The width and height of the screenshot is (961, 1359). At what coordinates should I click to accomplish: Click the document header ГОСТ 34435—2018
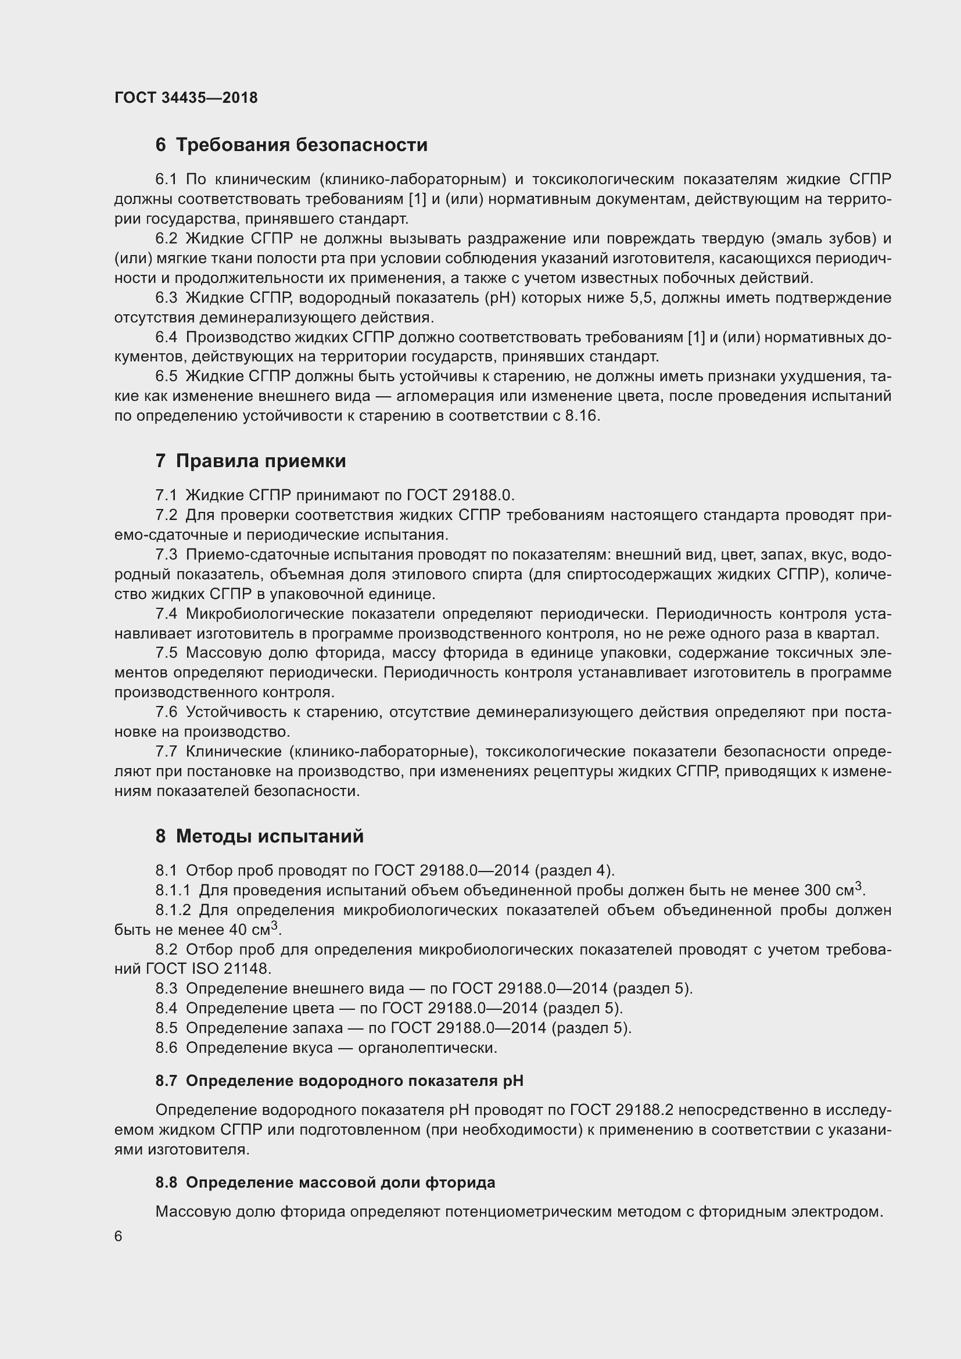click(x=186, y=98)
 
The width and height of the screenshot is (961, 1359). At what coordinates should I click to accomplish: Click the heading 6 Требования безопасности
click(x=291, y=145)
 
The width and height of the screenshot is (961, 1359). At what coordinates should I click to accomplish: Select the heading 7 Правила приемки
click(x=250, y=461)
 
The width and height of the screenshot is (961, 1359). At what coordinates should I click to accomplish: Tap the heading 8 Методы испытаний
click(x=259, y=836)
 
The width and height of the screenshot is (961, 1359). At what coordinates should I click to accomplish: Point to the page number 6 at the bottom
click(x=119, y=1236)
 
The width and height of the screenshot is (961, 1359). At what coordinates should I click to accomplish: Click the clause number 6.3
click(x=166, y=297)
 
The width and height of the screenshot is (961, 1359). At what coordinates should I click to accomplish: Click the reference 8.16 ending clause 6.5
click(x=582, y=416)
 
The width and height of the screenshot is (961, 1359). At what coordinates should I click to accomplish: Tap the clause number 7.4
click(x=166, y=614)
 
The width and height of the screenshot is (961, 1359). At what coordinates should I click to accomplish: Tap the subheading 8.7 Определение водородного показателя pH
click(x=339, y=1081)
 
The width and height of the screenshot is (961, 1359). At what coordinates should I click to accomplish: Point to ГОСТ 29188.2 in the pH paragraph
click(x=621, y=1110)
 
